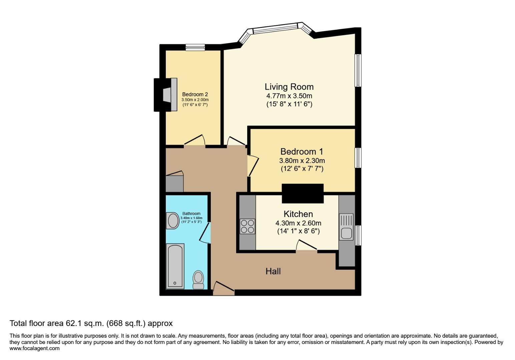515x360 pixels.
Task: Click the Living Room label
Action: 289,87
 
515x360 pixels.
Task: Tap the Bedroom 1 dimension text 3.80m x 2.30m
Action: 302,160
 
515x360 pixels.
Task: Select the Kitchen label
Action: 298,214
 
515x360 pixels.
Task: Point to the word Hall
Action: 273,271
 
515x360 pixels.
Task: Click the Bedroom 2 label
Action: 195,94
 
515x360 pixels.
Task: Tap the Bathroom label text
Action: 191,213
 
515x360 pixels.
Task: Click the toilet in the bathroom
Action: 198,279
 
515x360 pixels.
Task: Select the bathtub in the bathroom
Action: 175,266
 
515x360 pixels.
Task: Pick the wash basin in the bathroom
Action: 173,221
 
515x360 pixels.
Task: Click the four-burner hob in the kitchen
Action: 247,226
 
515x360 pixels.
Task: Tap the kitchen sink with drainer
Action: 346,227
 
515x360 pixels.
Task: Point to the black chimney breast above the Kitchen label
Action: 303,193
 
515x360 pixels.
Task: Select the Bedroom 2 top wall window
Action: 195,47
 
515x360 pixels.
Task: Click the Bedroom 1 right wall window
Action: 358,158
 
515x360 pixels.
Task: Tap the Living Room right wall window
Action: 358,71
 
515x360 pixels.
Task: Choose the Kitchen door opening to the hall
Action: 307,247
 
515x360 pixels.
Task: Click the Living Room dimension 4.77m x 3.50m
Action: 289,96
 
